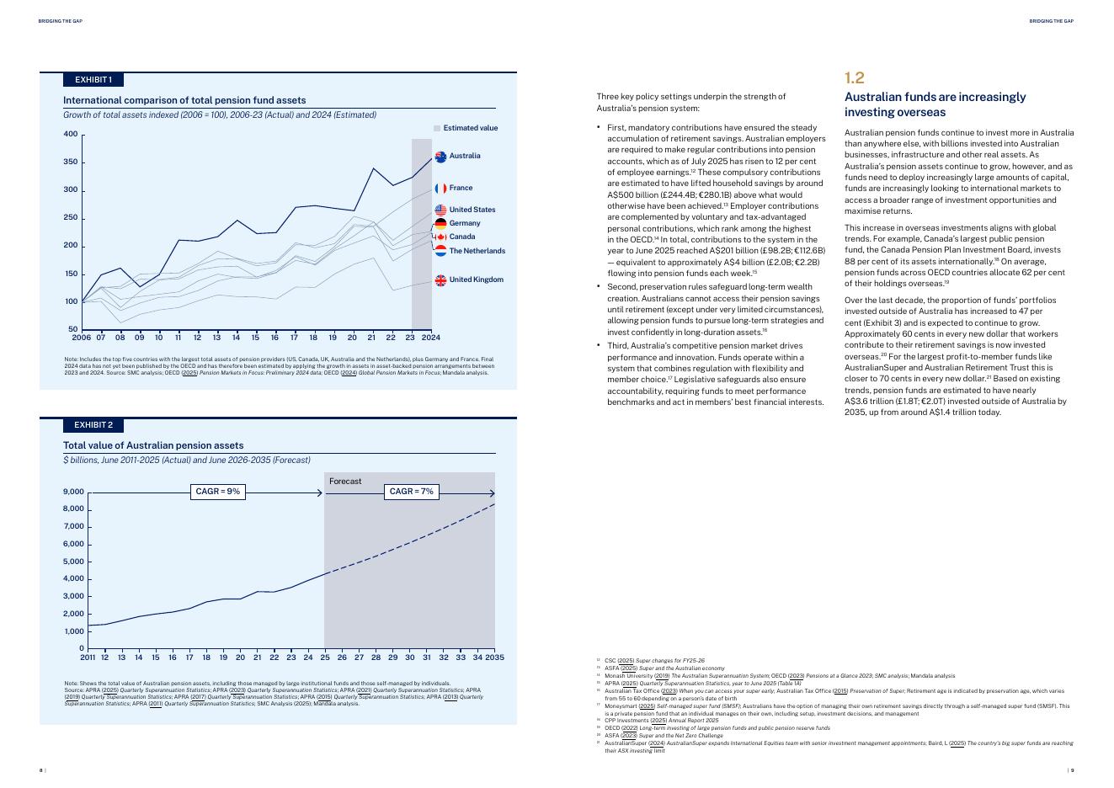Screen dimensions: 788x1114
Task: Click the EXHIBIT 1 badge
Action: point(93,80)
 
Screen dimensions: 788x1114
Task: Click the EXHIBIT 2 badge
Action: point(93,424)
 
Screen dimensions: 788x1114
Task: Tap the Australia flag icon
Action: point(440,156)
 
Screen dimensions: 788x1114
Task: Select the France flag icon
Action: point(440,189)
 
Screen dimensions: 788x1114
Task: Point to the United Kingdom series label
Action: point(476,280)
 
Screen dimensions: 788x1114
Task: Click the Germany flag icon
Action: point(440,223)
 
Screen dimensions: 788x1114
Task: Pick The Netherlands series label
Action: point(477,251)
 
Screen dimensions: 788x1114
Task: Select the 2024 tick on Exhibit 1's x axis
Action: point(430,338)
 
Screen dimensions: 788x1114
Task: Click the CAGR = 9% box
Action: point(218,492)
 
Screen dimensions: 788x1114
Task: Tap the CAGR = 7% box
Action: point(412,492)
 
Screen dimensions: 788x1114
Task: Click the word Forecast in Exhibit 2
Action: point(345,482)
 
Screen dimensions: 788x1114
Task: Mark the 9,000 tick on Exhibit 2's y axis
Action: point(73,492)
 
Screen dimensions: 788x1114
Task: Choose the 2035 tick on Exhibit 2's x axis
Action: point(494,658)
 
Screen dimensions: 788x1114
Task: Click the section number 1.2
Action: point(854,78)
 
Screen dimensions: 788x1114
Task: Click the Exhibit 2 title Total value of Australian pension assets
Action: point(153,445)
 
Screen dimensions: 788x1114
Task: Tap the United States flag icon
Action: point(440,210)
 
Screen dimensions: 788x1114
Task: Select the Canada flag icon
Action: point(440,237)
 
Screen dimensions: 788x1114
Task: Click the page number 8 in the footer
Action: point(41,769)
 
